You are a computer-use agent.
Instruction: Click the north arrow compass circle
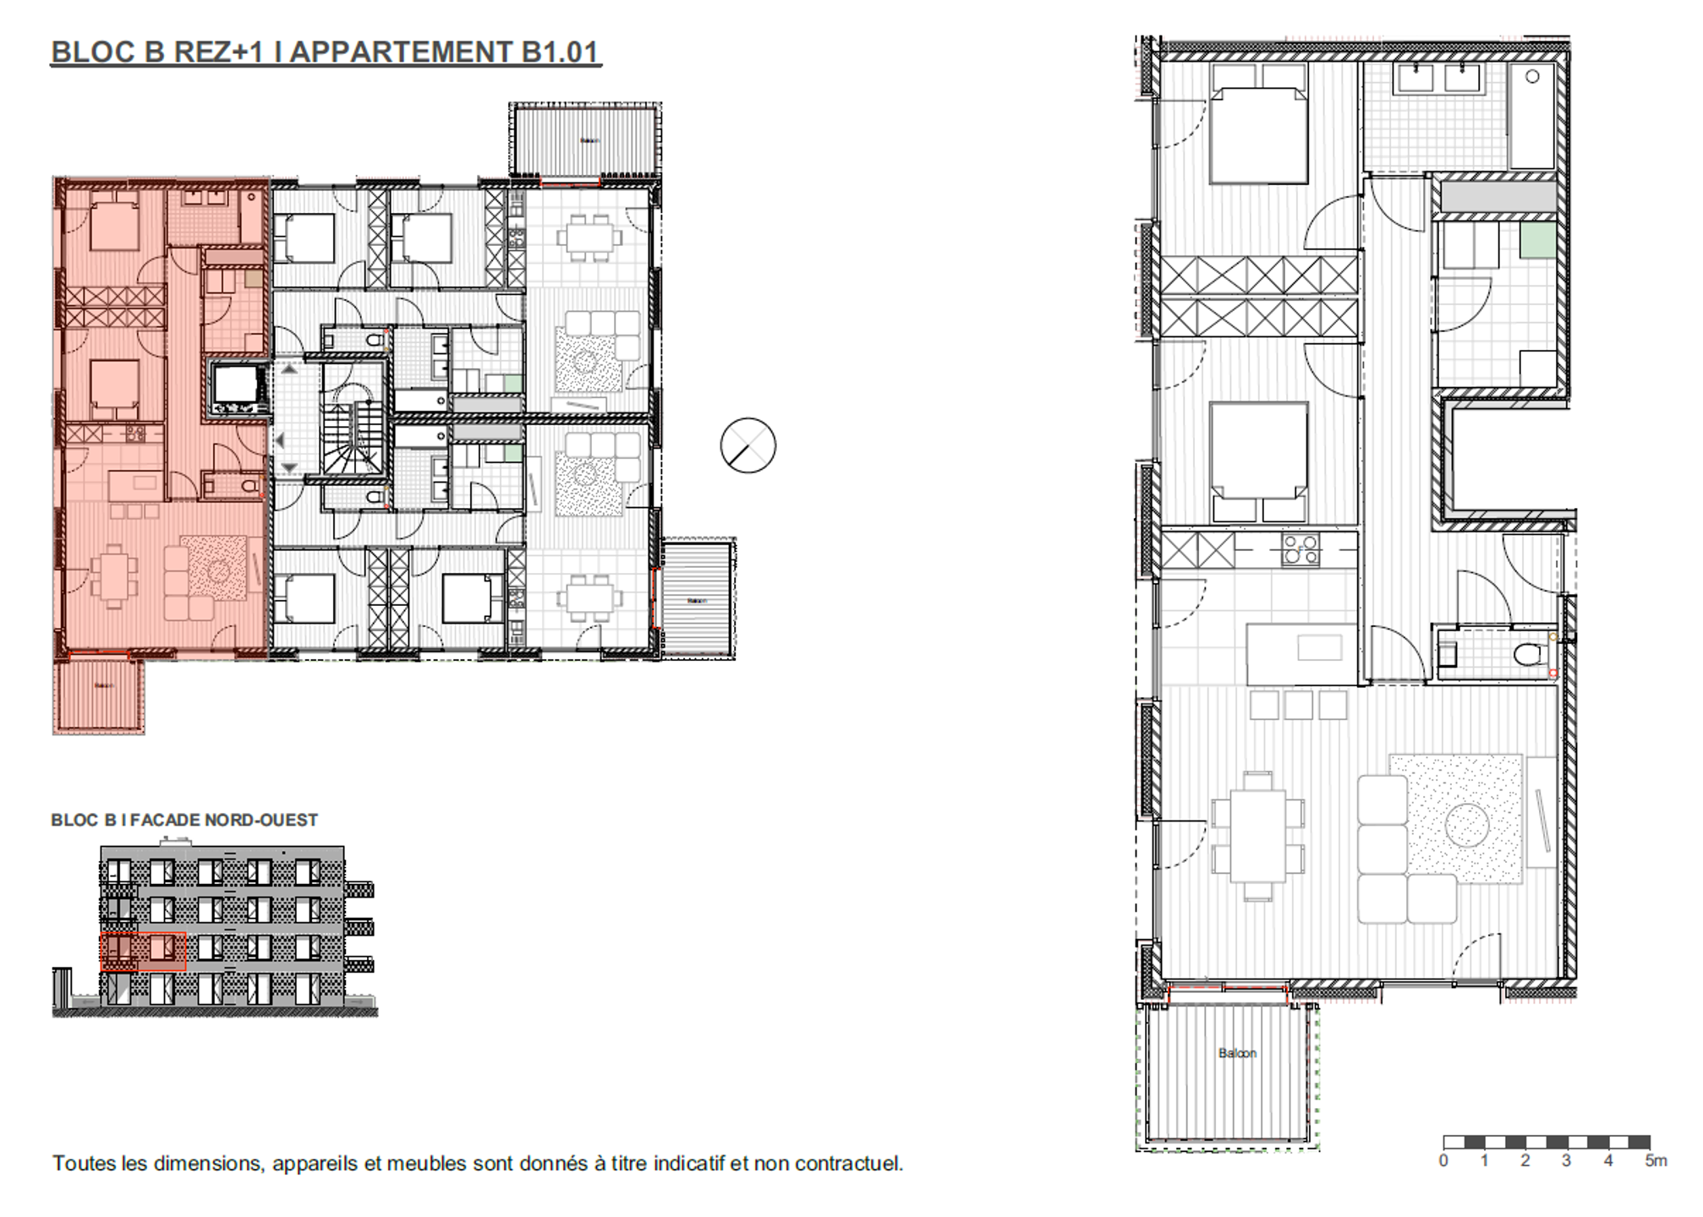click(x=748, y=445)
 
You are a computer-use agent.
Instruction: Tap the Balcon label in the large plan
click(x=1237, y=1053)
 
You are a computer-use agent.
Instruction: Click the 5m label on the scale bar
click(x=1656, y=1161)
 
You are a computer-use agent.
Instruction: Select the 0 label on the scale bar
click(x=1443, y=1161)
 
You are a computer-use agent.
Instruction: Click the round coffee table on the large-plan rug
click(x=1467, y=825)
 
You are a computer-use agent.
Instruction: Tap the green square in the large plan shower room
click(x=1538, y=240)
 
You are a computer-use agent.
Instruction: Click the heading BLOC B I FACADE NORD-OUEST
click(x=184, y=820)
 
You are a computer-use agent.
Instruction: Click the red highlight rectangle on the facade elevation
click(x=143, y=952)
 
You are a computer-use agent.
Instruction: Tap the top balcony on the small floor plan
click(x=585, y=139)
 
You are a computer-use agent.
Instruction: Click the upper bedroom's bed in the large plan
click(x=1259, y=135)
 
